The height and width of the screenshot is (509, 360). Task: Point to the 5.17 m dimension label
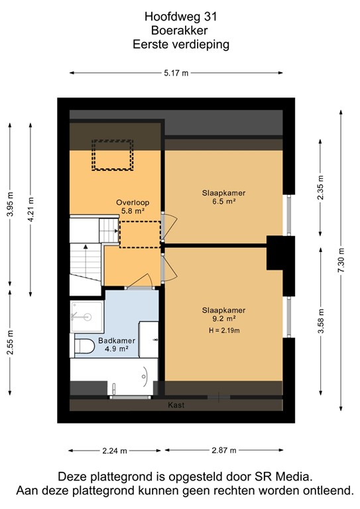176,73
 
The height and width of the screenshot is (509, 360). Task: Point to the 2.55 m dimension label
9,343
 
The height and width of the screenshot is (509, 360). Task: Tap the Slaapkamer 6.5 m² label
223,197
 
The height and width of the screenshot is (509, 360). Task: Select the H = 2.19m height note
223,330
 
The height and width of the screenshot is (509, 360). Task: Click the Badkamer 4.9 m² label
117,345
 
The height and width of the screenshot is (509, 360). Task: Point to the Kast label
176,405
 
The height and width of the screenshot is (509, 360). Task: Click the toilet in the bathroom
84,345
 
